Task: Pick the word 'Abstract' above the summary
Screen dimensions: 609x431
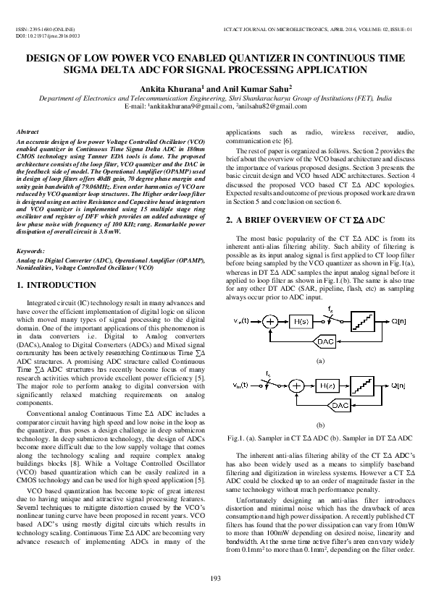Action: [28, 132]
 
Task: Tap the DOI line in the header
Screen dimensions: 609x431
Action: [47, 35]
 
